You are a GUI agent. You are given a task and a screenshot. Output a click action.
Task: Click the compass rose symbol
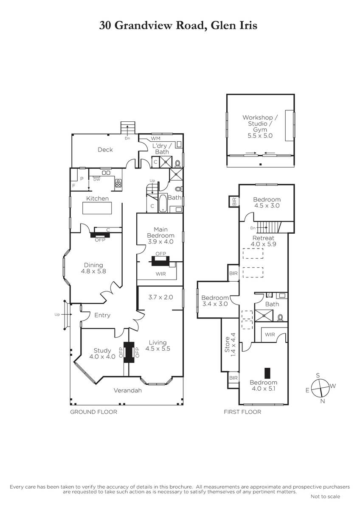tap(320, 388)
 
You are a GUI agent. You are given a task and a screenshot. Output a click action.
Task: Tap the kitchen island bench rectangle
tap(97, 208)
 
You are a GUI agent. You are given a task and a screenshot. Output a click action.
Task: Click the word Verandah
tap(128, 390)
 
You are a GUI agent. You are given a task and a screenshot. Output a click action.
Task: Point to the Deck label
tap(105, 149)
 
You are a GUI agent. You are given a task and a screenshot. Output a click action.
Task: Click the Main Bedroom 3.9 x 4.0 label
tap(160, 235)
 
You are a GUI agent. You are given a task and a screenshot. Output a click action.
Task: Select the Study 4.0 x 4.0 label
tap(102, 353)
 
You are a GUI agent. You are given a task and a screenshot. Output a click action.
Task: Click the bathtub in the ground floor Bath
tap(162, 203)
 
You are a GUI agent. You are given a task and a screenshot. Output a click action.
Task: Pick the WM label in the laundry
tap(155, 138)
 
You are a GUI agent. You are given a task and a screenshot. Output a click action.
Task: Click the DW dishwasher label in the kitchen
tap(97, 179)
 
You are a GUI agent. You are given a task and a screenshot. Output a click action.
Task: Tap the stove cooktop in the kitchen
tap(118, 183)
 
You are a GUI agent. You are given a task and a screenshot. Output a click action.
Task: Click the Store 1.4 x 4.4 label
tap(230, 345)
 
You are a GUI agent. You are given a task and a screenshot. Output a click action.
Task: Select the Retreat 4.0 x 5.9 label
tap(263, 241)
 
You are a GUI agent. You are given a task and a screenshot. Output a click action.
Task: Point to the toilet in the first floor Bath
tap(281, 317)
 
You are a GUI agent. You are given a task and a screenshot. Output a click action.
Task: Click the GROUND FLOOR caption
tap(93, 412)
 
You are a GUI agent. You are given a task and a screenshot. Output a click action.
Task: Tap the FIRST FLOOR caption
tap(242, 412)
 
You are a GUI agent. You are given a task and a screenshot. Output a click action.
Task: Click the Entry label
tap(102, 315)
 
